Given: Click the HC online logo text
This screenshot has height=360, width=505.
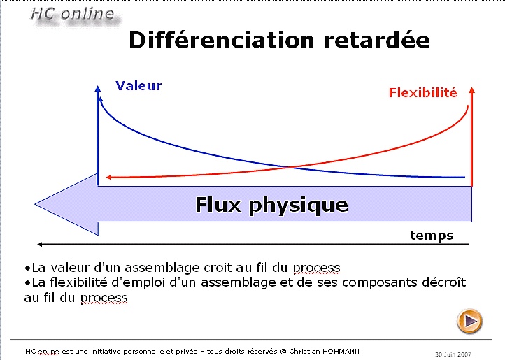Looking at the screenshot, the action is click(73, 14).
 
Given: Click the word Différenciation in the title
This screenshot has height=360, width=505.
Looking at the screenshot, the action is click(222, 40).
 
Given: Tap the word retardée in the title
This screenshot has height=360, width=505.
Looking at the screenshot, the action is click(377, 40).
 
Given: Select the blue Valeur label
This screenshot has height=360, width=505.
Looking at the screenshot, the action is click(138, 86).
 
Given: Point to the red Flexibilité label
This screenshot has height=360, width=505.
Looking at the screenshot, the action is click(423, 93).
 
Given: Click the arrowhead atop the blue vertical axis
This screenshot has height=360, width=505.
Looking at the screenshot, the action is click(98, 89).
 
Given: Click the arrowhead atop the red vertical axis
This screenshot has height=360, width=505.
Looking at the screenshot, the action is click(472, 90).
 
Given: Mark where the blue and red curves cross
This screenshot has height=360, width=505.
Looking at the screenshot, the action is click(290, 167).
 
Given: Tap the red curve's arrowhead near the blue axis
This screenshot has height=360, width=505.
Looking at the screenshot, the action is click(108, 177).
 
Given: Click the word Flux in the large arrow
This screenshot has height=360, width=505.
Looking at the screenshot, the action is click(218, 205).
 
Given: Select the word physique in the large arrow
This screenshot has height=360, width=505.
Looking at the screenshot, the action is click(299, 206).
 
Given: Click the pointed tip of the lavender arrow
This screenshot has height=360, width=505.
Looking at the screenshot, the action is click(36, 204).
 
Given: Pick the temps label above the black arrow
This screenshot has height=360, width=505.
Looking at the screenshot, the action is click(432, 236).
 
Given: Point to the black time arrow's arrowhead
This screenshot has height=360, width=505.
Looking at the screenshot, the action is click(40, 245).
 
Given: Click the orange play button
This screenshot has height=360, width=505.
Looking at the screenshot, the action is click(469, 321).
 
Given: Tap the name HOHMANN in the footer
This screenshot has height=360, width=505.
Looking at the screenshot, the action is click(340, 352).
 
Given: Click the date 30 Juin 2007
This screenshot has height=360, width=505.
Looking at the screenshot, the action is click(453, 354).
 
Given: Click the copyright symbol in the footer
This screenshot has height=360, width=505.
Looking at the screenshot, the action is click(283, 352).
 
